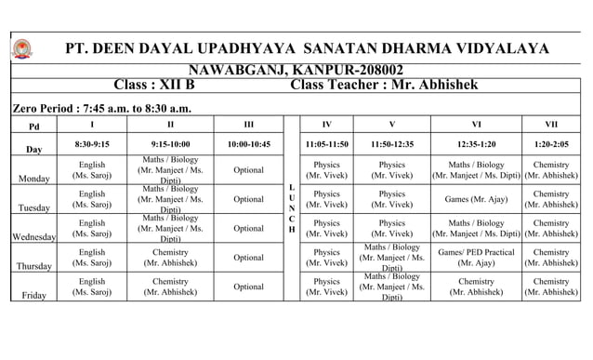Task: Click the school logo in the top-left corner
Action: [21, 48]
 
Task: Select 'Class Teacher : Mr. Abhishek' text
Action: [385, 86]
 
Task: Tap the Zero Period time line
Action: [99, 109]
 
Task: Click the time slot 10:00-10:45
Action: [248, 144]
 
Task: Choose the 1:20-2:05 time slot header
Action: [551, 144]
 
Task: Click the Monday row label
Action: [33, 180]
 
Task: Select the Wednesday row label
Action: [33, 237]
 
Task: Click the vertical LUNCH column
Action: [292, 208]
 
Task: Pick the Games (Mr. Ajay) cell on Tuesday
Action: [476, 199]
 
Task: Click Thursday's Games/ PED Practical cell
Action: [476, 258]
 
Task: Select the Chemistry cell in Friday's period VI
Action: [476, 287]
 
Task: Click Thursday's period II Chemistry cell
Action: [170, 258]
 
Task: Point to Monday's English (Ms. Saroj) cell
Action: [92, 170]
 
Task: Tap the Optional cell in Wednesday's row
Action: [248, 228]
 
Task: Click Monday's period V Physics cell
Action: [392, 170]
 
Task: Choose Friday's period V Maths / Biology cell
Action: [392, 287]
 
